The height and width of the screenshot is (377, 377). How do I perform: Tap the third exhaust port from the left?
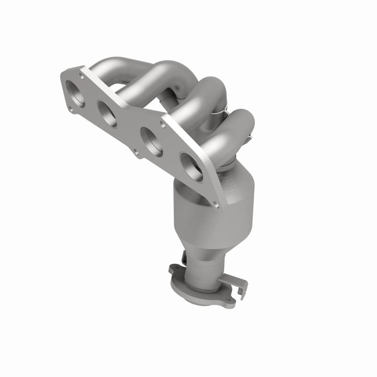tap(151, 141)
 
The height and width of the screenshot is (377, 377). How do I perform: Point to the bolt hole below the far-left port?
tap(71, 109)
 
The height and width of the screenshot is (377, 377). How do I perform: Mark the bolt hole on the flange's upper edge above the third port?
tap(163, 125)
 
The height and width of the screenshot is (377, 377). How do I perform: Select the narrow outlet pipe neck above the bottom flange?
tap(204, 270)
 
